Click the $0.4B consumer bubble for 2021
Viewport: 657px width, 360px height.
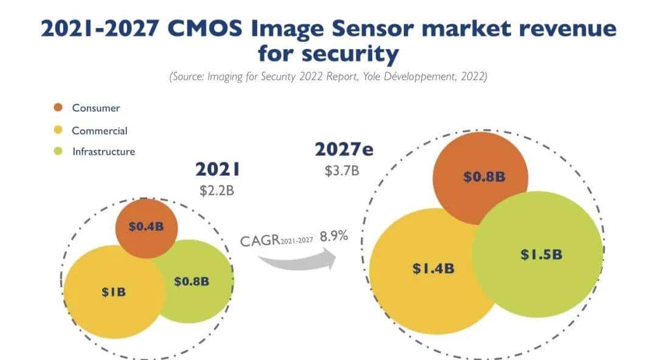[146, 226]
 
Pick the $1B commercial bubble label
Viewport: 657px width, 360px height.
[114, 292]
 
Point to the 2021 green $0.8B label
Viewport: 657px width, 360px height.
[192, 282]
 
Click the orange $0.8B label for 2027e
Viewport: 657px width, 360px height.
[484, 177]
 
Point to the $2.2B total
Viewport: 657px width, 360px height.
[217, 190]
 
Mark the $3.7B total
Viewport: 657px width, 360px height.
[342, 170]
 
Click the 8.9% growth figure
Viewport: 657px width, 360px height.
[334, 236]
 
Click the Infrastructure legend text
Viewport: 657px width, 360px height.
[103, 151]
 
